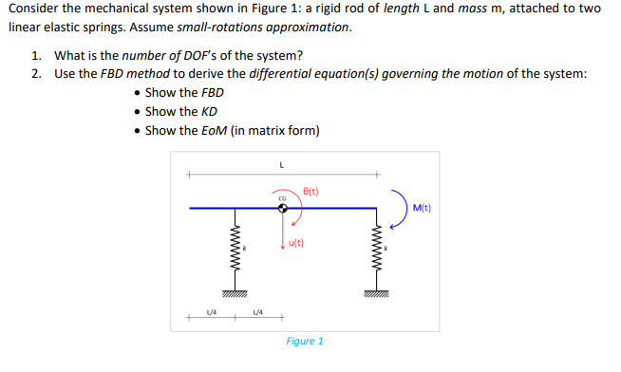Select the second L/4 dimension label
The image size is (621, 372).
coord(258,310)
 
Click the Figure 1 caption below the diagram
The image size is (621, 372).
coord(305,341)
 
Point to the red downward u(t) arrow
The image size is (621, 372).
coord(282,232)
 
